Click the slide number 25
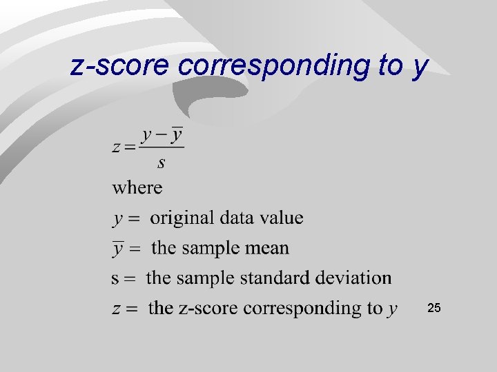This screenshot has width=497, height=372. click(434, 308)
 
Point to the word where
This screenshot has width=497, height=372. click(137, 187)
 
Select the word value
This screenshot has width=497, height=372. click(281, 218)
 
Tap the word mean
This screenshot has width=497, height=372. click(270, 248)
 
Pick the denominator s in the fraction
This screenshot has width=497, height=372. click(162, 163)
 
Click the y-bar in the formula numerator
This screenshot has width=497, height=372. click(177, 134)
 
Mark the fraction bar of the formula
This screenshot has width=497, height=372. click(162, 147)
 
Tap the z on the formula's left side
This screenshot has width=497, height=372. click(115, 147)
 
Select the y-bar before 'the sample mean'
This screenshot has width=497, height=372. click(118, 248)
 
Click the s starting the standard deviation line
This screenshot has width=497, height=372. click(115, 278)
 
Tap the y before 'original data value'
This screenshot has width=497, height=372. click(118, 220)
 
